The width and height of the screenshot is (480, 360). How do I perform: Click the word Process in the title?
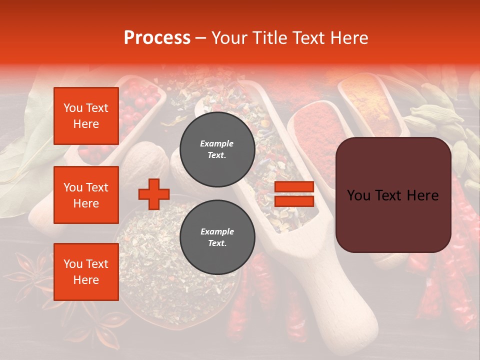coord(157,38)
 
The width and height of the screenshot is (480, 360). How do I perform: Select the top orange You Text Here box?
coord(86,116)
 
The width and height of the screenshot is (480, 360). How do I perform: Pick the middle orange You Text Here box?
coord(86,195)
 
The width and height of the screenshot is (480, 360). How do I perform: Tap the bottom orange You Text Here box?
coord(86,272)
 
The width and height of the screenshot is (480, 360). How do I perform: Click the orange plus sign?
coord(154,194)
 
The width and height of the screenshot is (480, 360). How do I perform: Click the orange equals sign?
coord(294,194)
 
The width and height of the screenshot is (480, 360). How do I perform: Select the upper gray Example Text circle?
coord(217,149)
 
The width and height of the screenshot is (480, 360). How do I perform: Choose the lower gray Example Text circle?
coord(217,237)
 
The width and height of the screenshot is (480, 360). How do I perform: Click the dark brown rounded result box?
coord(393,195)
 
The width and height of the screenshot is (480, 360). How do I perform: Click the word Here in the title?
coord(349,38)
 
